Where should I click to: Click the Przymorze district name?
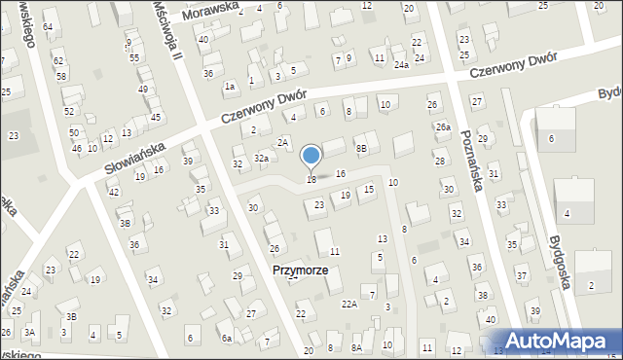click(300, 270)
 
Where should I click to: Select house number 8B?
click(361, 148)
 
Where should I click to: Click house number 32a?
click(261, 158)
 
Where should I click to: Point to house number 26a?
click(443, 127)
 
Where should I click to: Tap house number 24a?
click(401, 65)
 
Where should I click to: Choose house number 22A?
click(348, 305)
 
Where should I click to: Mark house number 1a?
click(230, 87)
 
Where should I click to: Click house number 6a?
click(226, 339)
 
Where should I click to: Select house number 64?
click(48, 25)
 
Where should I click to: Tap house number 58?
click(61, 76)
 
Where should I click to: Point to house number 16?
click(340, 173)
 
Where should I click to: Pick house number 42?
click(113, 192)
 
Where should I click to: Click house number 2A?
click(281, 143)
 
